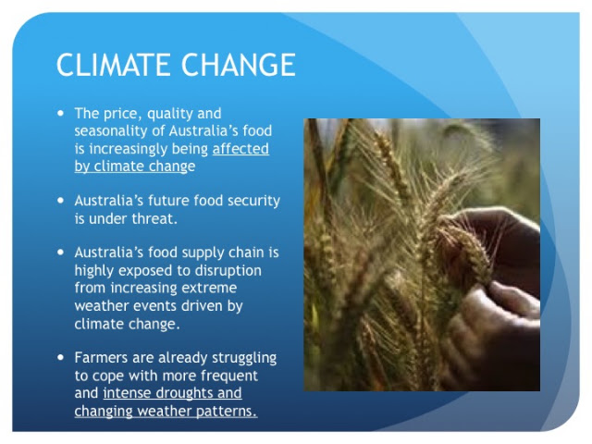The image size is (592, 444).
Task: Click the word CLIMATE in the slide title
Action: point(114,65)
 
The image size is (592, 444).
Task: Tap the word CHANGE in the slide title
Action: point(239,65)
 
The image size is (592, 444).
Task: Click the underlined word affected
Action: point(240,148)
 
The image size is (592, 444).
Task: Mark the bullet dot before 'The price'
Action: point(61,113)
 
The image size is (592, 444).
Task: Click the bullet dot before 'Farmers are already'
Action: point(61,357)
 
